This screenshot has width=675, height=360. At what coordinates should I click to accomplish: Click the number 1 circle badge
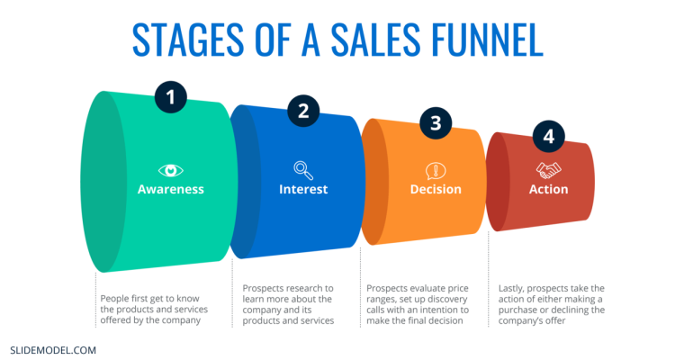(171, 97)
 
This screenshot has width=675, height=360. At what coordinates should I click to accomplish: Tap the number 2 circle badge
(303, 111)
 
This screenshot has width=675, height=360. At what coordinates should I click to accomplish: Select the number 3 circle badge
(436, 123)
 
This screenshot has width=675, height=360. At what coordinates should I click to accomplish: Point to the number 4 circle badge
(548, 137)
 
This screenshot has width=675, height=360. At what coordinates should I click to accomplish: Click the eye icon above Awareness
(171, 169)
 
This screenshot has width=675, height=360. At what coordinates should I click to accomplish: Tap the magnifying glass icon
(303, 169)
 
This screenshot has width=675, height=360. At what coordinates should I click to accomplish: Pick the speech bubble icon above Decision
(436, 170)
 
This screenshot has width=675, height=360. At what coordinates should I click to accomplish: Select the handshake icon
(548, 169)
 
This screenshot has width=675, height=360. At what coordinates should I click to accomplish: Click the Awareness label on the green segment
(171, 189)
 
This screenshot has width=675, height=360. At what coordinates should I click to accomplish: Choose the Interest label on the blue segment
(303, 189)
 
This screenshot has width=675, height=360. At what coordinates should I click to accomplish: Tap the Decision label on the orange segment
(436, 189)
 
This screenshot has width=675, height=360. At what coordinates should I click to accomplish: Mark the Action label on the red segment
(548, 189)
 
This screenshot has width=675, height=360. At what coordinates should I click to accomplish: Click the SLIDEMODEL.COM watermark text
(52, 348)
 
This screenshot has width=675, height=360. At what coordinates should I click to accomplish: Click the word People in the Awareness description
(112, 299)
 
